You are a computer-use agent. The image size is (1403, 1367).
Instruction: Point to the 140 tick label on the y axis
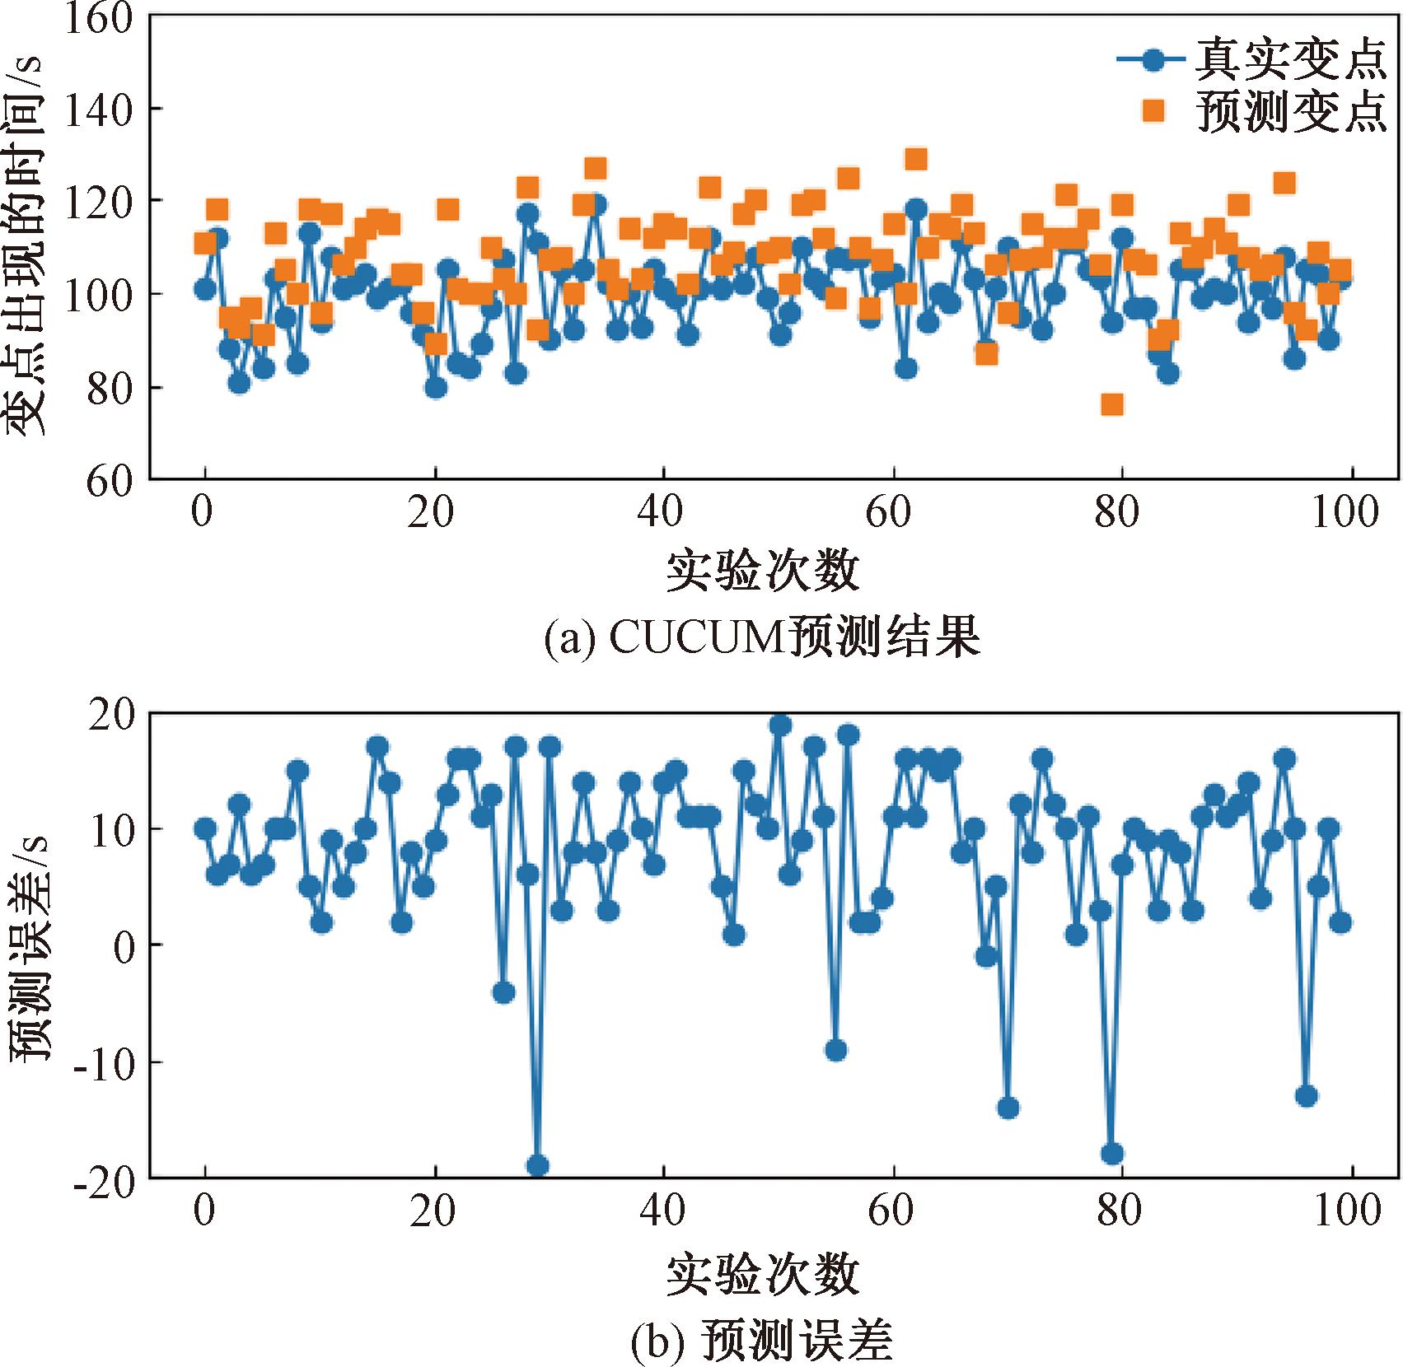tap(99, 110)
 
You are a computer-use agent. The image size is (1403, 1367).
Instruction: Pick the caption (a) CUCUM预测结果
tap(762, 637)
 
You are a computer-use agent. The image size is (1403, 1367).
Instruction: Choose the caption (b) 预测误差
tap(762, 1341)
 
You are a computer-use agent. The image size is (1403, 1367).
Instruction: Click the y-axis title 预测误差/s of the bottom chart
tap(30, 947)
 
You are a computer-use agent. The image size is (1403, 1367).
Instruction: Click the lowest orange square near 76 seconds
tap(1112, 404)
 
